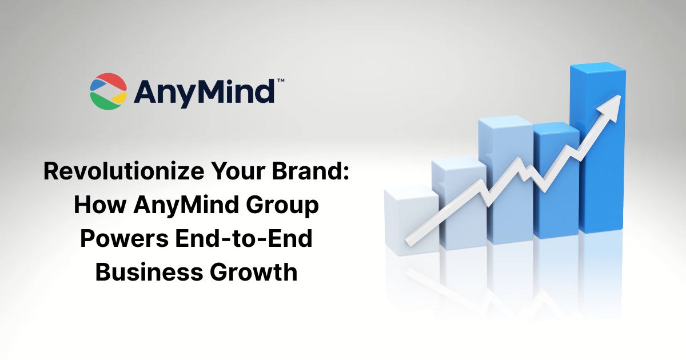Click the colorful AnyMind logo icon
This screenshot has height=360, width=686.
[x=108, y=91]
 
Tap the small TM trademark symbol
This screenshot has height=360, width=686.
[x=280, y=82]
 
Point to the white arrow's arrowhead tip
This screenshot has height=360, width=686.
[x=620, y=97]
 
